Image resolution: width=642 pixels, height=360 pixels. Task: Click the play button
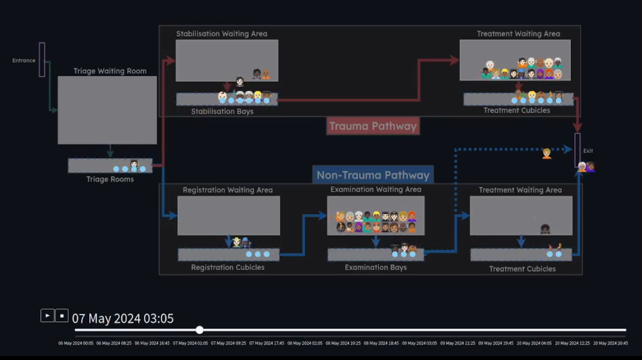pos(47,315)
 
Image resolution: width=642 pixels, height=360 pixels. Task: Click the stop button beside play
pos(62,315)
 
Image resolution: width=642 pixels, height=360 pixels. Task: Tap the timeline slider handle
pos(200,330)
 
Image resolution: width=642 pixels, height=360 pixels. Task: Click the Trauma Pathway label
pos(373,126)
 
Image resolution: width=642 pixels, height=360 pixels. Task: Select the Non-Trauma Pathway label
pos(373,175)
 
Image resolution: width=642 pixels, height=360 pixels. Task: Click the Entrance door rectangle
pos(42,60)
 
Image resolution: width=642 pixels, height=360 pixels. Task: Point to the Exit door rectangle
pos(577,150)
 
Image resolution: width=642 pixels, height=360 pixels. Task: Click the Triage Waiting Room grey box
pos(107,110)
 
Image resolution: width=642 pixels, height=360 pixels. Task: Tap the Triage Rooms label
pos(110,179)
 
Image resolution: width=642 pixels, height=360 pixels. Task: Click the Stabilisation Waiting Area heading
pos(222,34)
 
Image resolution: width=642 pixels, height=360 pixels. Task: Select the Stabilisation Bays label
pos(222,111)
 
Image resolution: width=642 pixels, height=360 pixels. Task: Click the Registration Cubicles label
pos(228,267)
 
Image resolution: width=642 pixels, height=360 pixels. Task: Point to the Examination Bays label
pos(376,267)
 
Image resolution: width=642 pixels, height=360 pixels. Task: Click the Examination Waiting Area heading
pos(376,189)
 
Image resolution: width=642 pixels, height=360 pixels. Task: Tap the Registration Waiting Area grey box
pos(229,216)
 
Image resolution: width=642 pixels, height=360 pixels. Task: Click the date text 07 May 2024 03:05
pos(123,319)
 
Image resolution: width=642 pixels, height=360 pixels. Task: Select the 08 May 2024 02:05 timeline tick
pos(305,343)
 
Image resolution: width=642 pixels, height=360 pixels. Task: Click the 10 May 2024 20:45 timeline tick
pos(611,343)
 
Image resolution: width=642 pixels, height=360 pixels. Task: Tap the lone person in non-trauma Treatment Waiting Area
pos(545,229)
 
